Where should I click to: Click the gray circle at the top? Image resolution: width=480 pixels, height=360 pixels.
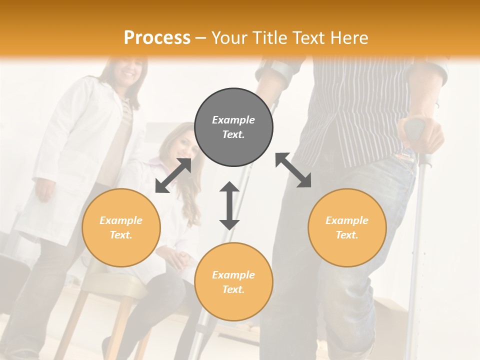click(x=233, y=127)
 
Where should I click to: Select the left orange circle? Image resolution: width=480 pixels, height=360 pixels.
click(x=121, y=228)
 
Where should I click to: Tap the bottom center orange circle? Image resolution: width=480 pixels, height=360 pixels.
click(x=233, y=281)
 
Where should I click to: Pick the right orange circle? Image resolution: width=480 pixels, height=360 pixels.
click(x=347, y=228)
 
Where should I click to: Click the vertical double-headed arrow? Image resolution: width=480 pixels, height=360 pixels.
click(x=229, y=205)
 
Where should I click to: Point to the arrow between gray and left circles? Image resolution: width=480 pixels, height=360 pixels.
click(x=173, y=175)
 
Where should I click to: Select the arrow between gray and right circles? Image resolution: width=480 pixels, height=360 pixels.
click(x=293, y=170)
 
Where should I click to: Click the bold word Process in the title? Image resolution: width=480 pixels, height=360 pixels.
click(x=157, y=37)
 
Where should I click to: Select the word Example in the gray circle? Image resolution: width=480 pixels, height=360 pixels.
click(x=233, y=120)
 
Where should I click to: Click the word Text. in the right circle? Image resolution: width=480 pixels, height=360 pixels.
click(x=347, y=235)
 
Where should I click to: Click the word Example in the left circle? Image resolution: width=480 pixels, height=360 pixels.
click(x=121, y=220)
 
